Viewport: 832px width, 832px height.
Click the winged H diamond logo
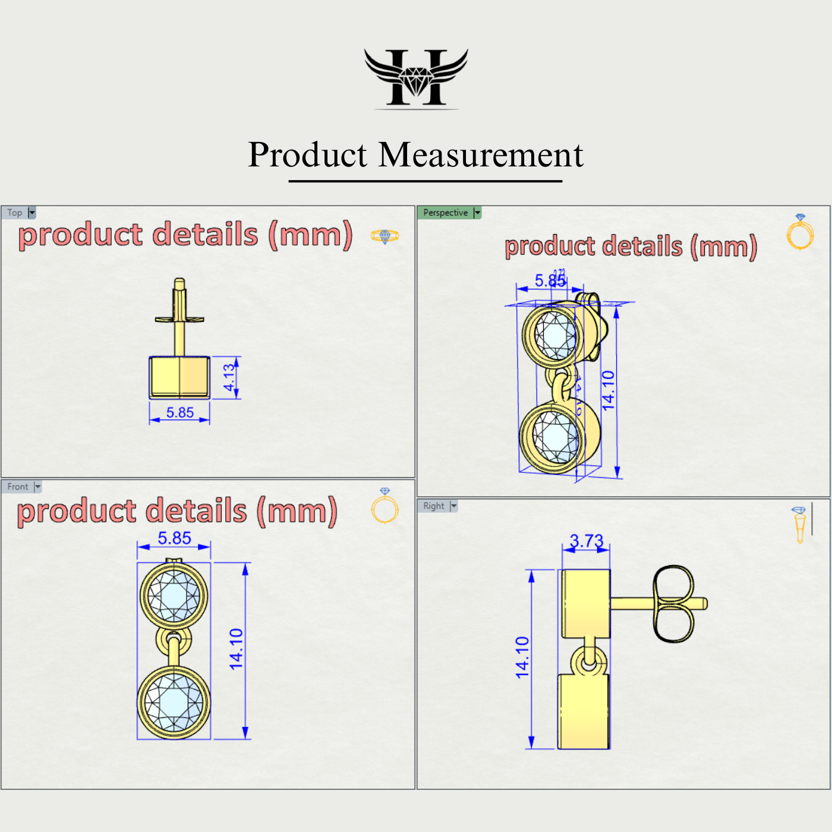[416, 78]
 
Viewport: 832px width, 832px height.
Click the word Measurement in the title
[481, 155]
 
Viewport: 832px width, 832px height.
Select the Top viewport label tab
[15, 213]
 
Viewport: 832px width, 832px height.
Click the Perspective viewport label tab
[445, 213]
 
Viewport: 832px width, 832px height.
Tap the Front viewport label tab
[18, 487]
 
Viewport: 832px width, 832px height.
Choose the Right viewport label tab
[434, 506]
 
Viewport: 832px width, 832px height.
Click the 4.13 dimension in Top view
[229, 378]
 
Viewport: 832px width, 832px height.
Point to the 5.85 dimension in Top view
[179, 412]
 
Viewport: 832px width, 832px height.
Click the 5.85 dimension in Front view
[174, 538]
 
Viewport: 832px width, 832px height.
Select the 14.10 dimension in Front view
[237, 649]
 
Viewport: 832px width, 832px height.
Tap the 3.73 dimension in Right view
[586, 541]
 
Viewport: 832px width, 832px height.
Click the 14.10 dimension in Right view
[522, 657]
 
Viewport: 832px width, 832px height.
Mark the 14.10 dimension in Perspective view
[608, 390]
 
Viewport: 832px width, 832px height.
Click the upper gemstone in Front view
[174, 595]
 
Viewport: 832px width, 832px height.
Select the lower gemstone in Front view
[174, 703]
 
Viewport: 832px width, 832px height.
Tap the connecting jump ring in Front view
[174, 641]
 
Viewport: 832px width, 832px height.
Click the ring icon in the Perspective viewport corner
[800, 232]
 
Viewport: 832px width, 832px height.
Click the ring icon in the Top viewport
[385, 236]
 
